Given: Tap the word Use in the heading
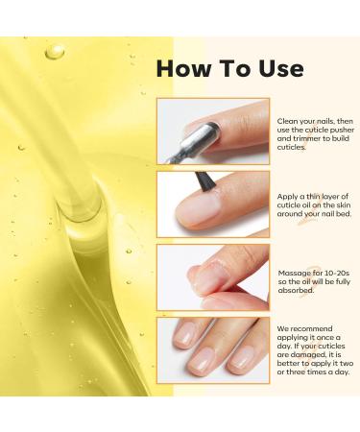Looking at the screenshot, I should click(278, 68).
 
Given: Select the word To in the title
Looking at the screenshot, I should click(231, 68).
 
